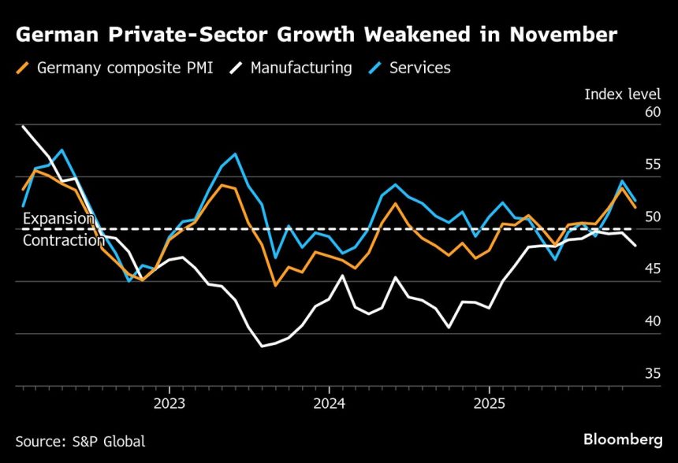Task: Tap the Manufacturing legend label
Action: pos(301,68)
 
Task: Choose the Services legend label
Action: pos(419,68)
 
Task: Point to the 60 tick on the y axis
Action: pos(652,113)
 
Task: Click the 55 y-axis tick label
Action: pos(652,165)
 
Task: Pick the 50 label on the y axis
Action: pos(652,217)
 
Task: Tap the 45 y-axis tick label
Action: pos(652,269)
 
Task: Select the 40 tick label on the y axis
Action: pos(652,321)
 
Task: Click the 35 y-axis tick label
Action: pos(652,373)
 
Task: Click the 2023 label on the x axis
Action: pos(169,403)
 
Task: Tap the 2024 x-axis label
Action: pos(329,403)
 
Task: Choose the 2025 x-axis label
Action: pos(489,403)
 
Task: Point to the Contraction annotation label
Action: pos(63,240)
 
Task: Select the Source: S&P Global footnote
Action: pos(80,442)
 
